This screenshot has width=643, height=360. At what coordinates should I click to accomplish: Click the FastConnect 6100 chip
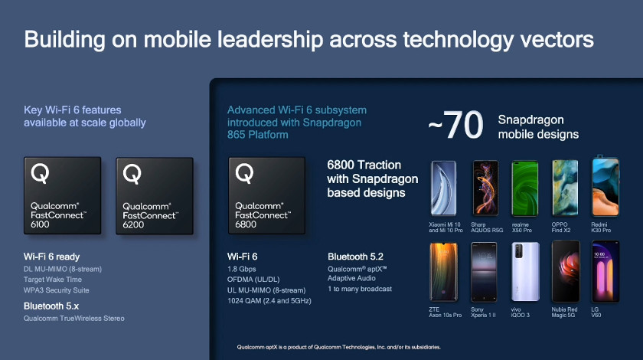(x=62, y=195)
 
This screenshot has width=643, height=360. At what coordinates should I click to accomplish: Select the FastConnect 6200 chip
(x=155, y=196)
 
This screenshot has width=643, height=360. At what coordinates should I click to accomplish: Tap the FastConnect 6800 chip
(x=267, y=195)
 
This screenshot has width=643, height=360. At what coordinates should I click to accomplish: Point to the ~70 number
(x=455, y=125)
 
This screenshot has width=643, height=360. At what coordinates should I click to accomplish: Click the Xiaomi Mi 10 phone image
(x=443, y=188)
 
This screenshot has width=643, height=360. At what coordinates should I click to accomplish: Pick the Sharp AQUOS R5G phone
(x=485, y=188)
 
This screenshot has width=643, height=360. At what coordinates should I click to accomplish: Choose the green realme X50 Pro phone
(x=524, y=188)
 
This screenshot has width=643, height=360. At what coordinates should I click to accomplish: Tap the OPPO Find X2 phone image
(x=565, y=188)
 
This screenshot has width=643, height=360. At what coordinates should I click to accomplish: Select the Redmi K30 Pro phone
(x=605, y=186)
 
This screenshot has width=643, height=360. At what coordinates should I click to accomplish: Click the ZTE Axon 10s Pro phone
(x=444, y=272)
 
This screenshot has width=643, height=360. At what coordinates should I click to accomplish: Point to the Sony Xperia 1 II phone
(x=484, y=272)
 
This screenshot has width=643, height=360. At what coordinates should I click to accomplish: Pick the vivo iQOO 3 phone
(x=525, y=272)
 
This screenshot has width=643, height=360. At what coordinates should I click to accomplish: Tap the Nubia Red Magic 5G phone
(x=566, y=272)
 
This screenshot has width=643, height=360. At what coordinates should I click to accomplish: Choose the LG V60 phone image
(x=605, y=272)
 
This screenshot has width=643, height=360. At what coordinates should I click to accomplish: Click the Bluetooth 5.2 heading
(x=355, y=257)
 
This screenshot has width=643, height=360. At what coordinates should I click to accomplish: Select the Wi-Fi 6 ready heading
(x=52, y=257)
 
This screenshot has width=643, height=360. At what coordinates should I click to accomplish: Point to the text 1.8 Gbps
(x=242, y=269)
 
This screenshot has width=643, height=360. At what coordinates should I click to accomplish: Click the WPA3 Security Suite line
(x=56, y=290)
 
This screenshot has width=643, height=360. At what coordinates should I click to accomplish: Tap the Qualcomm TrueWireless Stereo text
(x=73, y=318)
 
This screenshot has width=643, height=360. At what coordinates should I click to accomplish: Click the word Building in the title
(x=65, y=41)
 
